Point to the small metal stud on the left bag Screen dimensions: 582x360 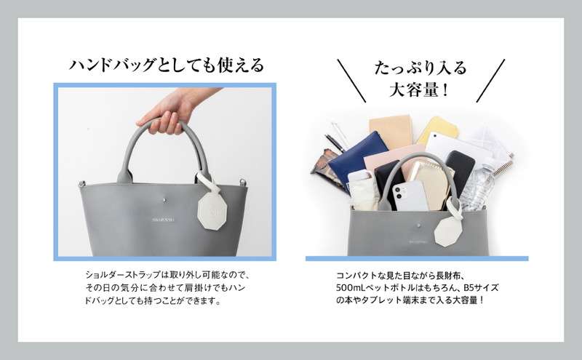[x=164, y=200]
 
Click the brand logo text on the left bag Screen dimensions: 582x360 [x=163, y=220]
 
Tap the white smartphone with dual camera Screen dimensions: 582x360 [x=410, y=196]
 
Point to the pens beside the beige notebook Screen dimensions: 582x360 [x=337, y=137]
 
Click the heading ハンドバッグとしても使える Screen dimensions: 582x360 [x=167, y=65]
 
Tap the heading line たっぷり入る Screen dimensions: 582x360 [x=420, y=68]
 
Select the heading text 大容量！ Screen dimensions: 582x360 [x=420, y=89]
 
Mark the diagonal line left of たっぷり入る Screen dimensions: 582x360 [x=351, y=81]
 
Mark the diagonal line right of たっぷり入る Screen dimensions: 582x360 [x=490, y=81]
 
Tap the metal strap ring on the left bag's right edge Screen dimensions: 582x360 [x=243, y=183]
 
